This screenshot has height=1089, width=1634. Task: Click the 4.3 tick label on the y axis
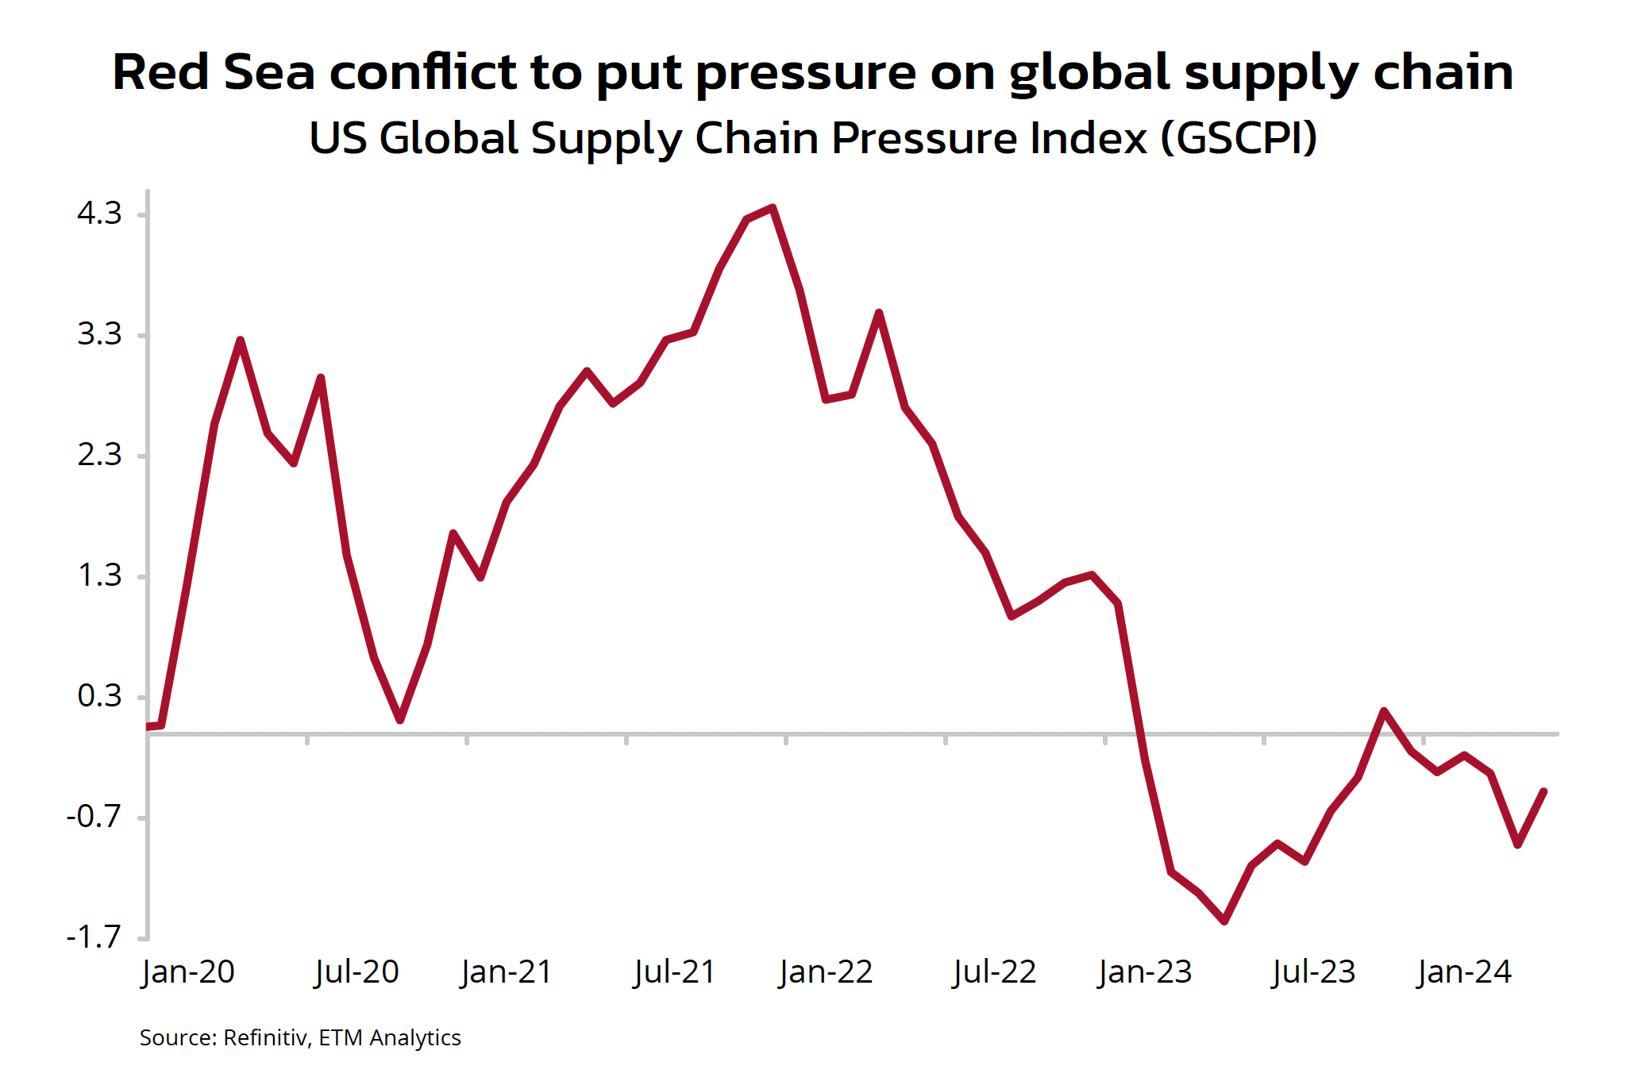[99, 214]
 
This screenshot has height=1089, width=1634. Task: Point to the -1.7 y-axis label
[94, 937]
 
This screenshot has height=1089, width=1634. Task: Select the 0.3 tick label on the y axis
[99, 696]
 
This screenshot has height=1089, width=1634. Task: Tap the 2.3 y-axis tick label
[99, 455]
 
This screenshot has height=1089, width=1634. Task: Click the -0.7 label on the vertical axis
[94, 817]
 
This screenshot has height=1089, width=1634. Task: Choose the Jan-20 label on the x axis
[188, 972]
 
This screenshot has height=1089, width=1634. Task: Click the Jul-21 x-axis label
[675, 972]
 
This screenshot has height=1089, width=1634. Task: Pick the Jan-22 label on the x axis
[826, 972]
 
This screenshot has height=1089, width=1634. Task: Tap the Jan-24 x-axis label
[1465, 972]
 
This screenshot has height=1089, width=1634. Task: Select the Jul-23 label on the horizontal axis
[1314, 972]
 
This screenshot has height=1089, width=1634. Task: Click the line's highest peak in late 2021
[773, 208]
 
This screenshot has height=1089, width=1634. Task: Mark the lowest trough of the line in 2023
[1224, 922]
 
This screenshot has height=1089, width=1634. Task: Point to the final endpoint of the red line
[1543, 791]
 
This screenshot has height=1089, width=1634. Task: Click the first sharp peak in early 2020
[240, 341]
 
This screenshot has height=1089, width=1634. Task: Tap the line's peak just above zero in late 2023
[1384, 710]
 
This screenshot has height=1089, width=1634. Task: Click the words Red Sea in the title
[214, 72]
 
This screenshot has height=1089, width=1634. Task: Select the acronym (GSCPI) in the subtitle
[1239, 138]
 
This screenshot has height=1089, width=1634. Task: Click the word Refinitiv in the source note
[266, 1038]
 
